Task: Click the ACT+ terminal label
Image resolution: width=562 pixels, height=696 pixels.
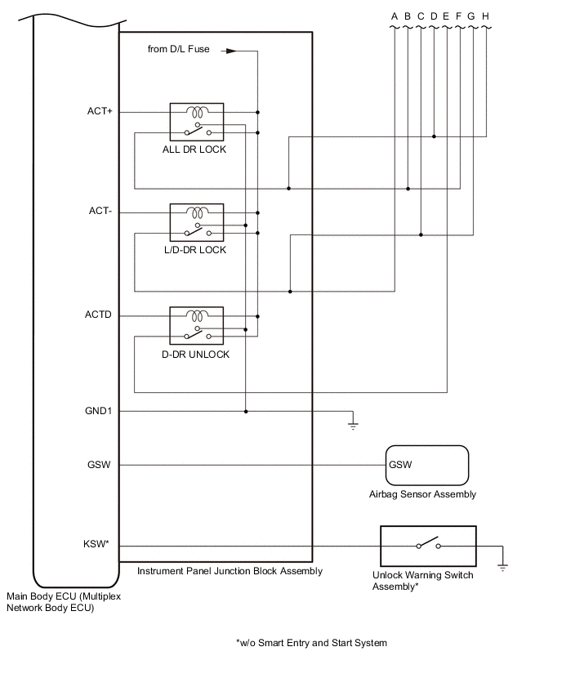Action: [x=100, y=111]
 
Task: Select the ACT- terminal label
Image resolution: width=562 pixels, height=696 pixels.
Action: [x=100, y=211]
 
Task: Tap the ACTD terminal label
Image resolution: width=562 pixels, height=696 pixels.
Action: [x=98, y=315]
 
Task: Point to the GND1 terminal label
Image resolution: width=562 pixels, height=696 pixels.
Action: [x=98, y=411]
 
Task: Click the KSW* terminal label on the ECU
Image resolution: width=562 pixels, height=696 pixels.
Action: [x=96, y=544]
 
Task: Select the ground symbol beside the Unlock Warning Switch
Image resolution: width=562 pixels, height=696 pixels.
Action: [x=502, y=567]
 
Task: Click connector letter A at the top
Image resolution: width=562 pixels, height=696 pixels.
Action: [x=395, y=16]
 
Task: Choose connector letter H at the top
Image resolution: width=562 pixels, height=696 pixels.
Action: [x=486, y=16]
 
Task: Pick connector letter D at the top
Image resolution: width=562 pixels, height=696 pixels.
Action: [x=434, y=16]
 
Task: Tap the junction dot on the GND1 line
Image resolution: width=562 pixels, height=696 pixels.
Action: [x=246, y=412]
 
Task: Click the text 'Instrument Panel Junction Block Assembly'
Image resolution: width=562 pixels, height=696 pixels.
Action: [x=230, y=571]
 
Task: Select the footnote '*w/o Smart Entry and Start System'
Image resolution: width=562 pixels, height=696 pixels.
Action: [x=311, y=643]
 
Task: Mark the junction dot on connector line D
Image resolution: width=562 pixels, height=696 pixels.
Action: [x=434, y=136]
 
